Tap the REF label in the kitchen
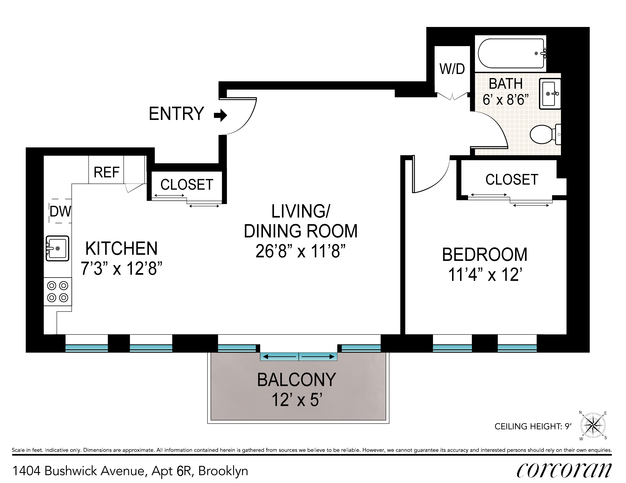point(106,172)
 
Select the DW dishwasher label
point(60,211)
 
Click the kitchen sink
point(57,248)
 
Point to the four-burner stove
point(58,292)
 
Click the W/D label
point(452,69)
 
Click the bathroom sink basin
point(550,94)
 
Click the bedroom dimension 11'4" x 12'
point(485,274)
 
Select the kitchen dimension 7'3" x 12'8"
point(121,268)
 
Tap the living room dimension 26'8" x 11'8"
point(300,251)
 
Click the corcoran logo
point(564,470)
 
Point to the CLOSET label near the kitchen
point(187,184)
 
